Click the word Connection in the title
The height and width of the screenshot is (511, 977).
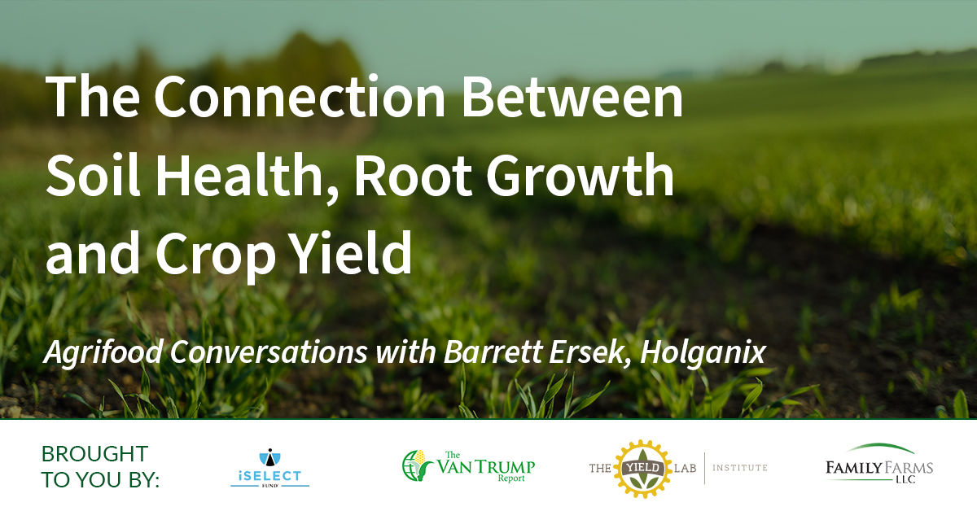click(300, 96)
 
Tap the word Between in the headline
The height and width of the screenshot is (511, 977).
click(572, 96)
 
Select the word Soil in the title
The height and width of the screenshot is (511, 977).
click(94, 175)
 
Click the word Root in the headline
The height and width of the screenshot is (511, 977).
click(414, 175)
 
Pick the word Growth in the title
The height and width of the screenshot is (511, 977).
click(581, 175)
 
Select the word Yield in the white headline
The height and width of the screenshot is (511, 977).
click(352, 253)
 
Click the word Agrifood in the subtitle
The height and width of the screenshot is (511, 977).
click(103, 352)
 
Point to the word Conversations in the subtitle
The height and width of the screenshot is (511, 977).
click(269, 352)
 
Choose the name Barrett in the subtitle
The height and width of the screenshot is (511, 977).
click(493, 351)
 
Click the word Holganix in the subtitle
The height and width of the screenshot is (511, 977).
click(703, 352)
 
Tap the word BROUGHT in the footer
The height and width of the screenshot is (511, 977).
click(95, 454)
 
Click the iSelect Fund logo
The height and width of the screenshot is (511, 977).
click(270, 468)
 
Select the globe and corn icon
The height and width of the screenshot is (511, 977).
click(417, 465)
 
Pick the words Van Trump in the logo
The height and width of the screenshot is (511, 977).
click(486, 466)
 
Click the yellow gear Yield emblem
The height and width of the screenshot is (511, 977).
click(643, 469)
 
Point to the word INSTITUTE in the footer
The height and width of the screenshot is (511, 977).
click(740, 468)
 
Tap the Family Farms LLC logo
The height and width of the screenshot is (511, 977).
click(879, 464)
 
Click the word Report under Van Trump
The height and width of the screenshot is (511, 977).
click(511, 478)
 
